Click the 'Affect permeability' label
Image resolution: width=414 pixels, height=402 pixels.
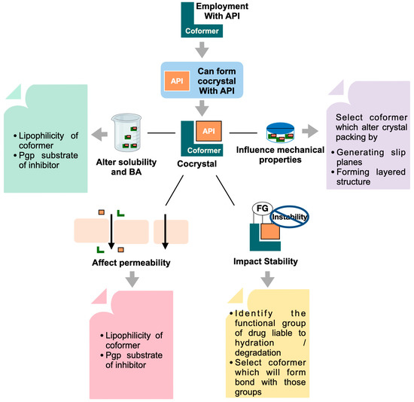pos(126,264)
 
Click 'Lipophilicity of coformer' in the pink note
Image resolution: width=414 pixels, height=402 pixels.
pos(132,340)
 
